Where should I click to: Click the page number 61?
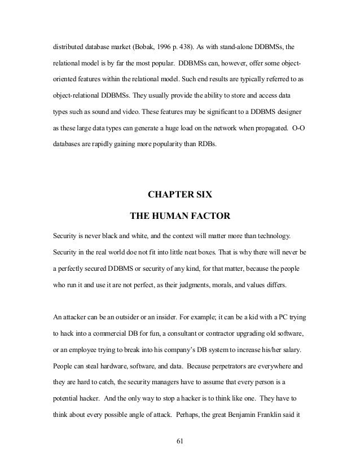[180, 440]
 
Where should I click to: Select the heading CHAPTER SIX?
[180, 196]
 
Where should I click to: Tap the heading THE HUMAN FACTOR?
[180, 215]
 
